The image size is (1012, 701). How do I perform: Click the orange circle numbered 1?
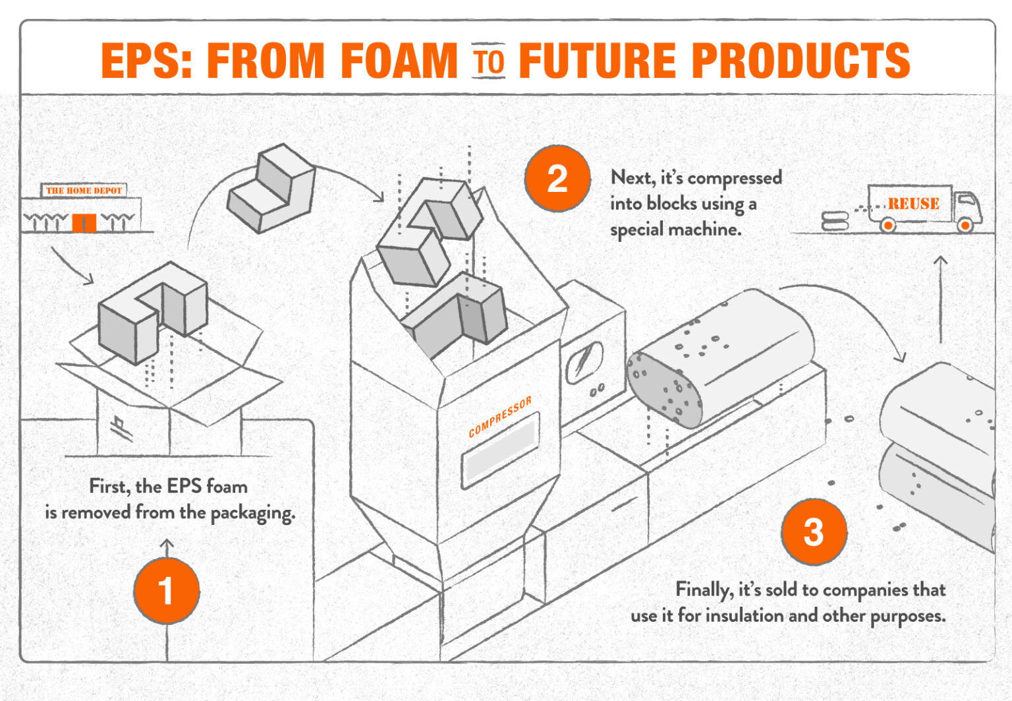point(166,590)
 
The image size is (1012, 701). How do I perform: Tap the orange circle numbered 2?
point(557,179)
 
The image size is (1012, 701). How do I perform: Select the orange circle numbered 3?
point(814,532)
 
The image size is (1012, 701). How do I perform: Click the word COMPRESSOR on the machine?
point(499,417)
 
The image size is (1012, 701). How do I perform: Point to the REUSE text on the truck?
point(913,204)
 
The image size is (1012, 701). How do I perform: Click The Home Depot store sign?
point(84,191)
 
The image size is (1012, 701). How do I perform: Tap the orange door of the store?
point(84,223)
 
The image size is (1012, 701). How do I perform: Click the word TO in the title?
point(488,61)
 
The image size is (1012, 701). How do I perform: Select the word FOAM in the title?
point(399,61)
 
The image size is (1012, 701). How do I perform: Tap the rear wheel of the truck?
point(888,226)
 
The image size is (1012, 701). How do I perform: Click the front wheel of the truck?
point(965,226)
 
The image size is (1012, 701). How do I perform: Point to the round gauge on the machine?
point(584,362)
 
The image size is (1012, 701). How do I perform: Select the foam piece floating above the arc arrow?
point(271,189)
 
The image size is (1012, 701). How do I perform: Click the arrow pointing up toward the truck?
point(940,297)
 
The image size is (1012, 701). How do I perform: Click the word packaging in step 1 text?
point(252,512)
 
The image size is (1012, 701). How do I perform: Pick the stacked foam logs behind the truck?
point(835,220)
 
